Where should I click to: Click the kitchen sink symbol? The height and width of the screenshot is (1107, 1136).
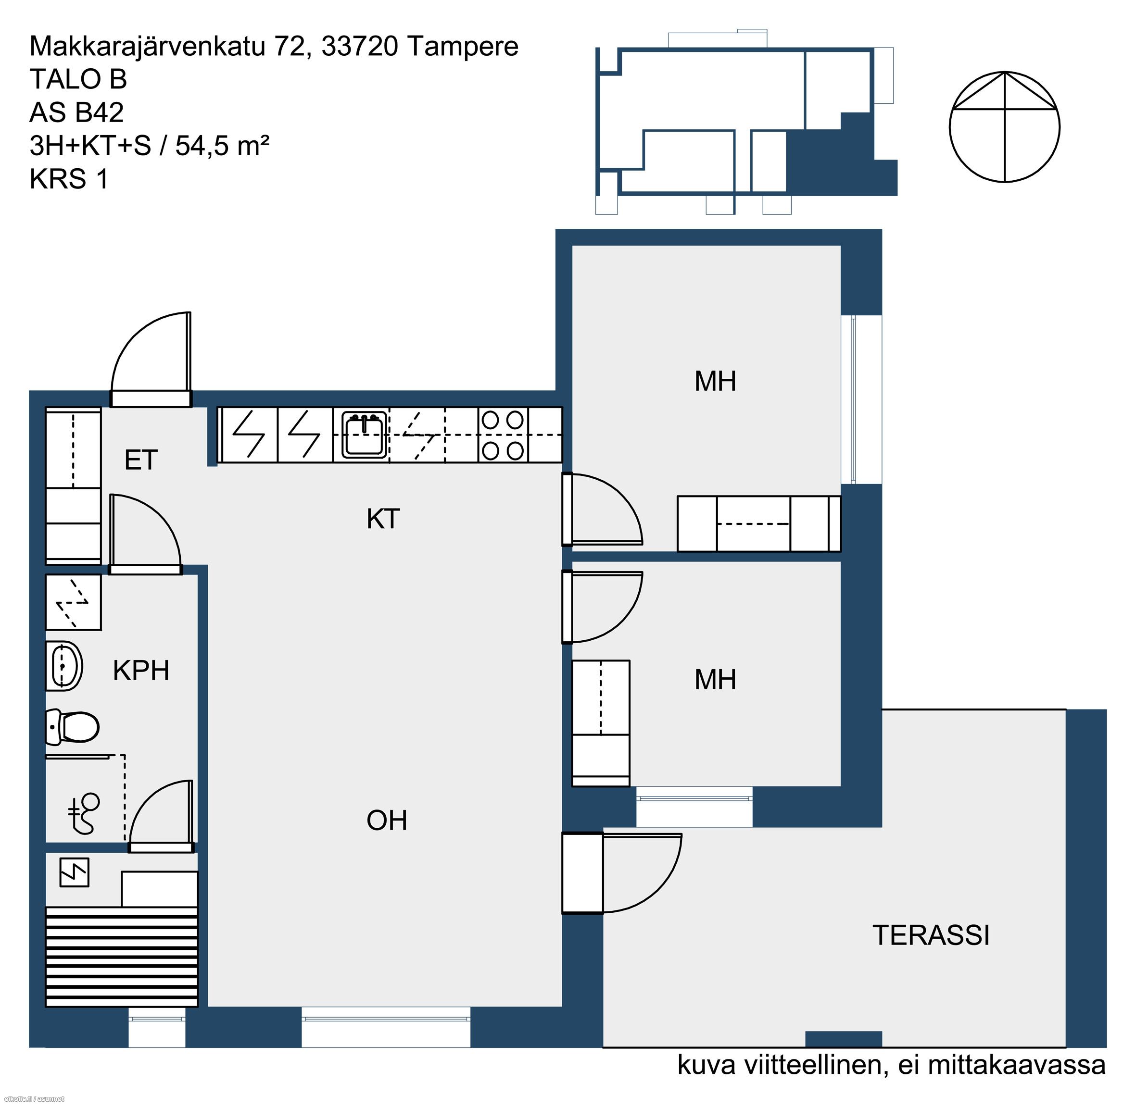(x=364, y=435)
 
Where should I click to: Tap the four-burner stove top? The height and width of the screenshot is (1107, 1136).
(x=503, y=435)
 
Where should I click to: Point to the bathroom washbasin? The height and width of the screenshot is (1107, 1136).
(x=64, y=666)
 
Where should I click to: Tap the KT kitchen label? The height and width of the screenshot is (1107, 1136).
(x=383, y=519)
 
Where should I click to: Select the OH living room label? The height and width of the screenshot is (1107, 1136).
(x=387, y=821)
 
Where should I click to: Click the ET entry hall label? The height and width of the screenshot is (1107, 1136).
(x=141, y=460)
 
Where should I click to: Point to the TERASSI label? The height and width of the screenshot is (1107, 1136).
(x=931, y=935)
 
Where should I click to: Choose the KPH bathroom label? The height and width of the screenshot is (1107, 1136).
(x=141, y=671)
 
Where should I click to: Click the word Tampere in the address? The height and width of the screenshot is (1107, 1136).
(x=462, y=47)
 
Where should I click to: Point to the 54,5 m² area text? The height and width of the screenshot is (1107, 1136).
(x=222, y=146)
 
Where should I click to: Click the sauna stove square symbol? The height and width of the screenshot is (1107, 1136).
(x=75, y=872)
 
